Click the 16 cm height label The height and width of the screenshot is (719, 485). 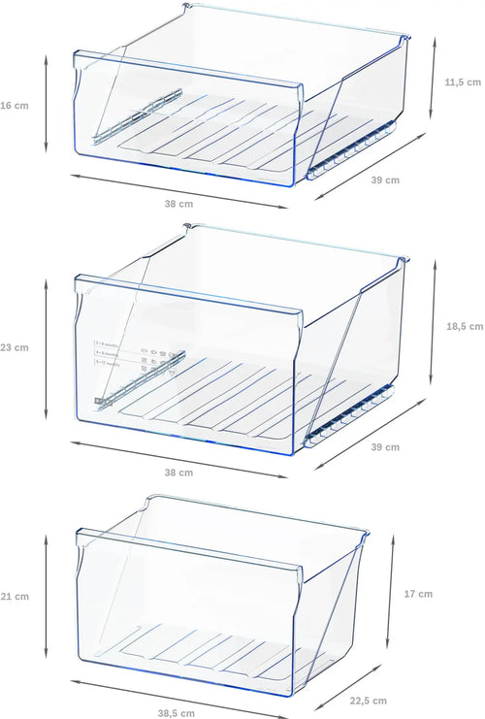point(14,104)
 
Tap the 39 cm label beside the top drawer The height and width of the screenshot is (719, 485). point(385,180)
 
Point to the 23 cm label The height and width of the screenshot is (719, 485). point(14,347)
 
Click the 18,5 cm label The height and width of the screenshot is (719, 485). point(463,327)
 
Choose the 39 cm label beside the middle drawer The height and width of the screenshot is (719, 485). point(385,447)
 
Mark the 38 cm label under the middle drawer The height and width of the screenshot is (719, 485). point(178,473)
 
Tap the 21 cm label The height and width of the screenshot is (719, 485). point(14,596)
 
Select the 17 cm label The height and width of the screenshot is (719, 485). point(418,594)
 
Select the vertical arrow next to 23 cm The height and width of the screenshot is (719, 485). point(47,347)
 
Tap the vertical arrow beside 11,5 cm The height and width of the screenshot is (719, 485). point(432,82)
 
